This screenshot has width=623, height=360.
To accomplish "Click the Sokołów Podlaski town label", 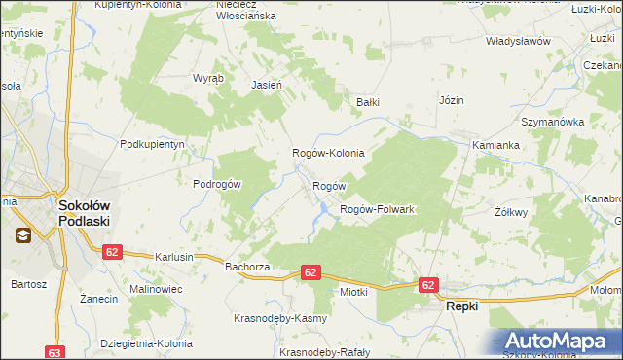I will tap(84, 213).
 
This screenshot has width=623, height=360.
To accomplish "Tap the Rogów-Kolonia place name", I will tap(329, 153).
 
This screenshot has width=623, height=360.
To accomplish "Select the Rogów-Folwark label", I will tap(377, 209).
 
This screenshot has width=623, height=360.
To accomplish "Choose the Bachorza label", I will tap(246, 266).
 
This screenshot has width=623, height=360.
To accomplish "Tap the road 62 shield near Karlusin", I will tap(112, 251).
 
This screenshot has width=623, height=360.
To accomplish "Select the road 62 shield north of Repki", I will tap(429, 284).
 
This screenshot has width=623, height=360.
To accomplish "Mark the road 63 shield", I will tap(55, 352).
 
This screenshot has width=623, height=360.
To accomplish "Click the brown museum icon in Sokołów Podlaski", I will tap(21, 234).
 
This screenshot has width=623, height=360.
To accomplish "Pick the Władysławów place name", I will tap(519, 42).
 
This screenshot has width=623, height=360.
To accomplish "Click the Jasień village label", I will tap(267, 85).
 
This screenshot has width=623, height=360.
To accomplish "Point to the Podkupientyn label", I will tap(152, 143).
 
